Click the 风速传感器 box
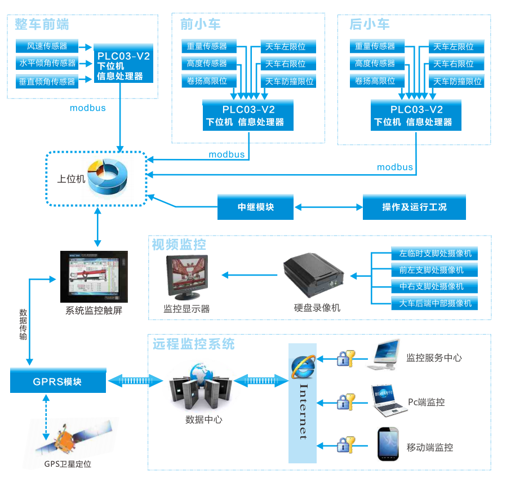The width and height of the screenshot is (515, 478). [x=47, y=46]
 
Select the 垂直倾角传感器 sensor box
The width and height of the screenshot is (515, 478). [x=47, y=82]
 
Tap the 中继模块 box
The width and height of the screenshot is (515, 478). [x=255, y=207]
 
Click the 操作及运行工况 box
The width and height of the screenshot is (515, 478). [x=414, y=207]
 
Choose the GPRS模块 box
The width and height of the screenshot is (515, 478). [x=58, y=382]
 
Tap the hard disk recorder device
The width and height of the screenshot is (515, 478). [x=314, y=275]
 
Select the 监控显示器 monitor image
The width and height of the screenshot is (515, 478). [x=187, y=277]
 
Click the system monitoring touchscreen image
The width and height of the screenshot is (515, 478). [x=94, y=276]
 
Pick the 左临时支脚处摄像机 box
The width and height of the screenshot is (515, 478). [x=434, y=253]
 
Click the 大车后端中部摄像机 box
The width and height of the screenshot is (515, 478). [x=434, y=304]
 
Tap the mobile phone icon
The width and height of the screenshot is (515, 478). [x=387, y=445]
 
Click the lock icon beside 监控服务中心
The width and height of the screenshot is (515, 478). [x=345, y=358]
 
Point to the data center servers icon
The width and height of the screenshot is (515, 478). [x=193, y=388]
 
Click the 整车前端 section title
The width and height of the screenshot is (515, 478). [x=42, y=24]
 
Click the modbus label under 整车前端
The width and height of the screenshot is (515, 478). [x=87, y=108]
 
